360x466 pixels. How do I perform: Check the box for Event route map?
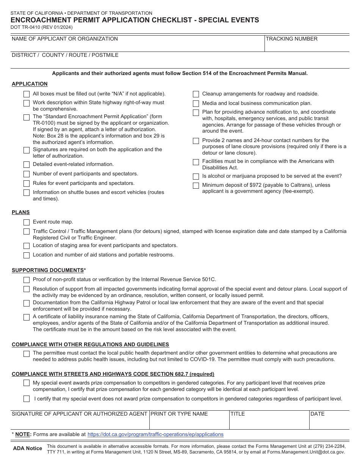(27, 222)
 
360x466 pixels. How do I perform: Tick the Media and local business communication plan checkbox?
(196, 103)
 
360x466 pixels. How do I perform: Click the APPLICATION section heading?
(30, 84)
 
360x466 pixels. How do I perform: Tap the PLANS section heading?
(20, 212)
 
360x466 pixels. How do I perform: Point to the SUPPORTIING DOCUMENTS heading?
(48, 270)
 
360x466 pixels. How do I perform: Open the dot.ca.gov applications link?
(155, 434)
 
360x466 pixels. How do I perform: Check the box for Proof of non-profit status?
(27, 280)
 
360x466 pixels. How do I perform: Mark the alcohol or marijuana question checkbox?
(196, 177)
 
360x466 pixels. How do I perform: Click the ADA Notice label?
(28, 448)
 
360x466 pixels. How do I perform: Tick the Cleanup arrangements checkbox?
(196, 94)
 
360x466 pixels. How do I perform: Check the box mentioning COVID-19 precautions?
(27, 353)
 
